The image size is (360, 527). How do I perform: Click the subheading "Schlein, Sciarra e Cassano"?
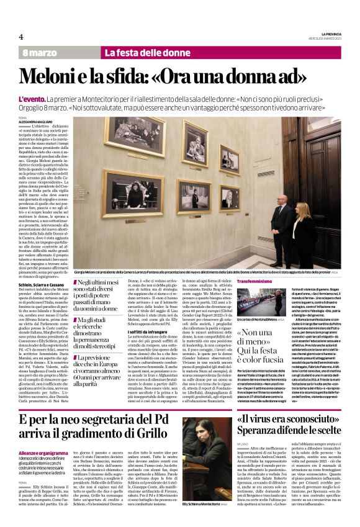pyautogui.click(x=42, y=284)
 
